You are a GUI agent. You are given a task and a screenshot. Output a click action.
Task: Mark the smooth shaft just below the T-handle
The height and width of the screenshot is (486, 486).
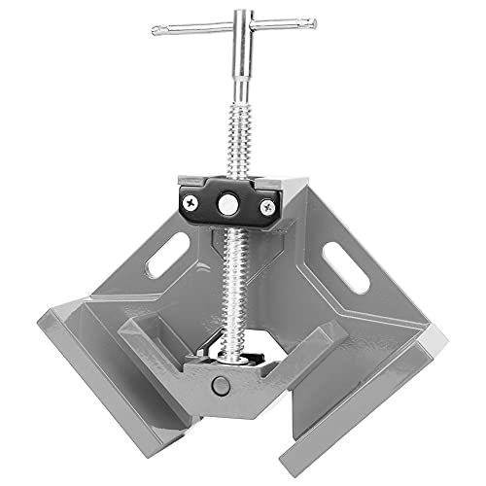tap(234, 83)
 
